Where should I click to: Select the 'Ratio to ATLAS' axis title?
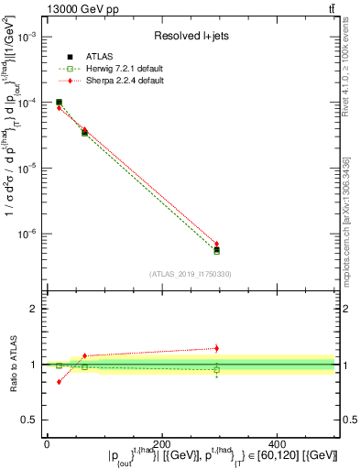pyautogui.click(x=10, y=364)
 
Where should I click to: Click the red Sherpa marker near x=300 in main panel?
pyautogui.click(x=216, y=245)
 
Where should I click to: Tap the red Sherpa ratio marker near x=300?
pyautogui.click(x=216, y=348)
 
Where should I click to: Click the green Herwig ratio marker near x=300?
pyautogui.click(x=216, y=370)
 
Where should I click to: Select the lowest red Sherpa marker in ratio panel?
pyautogui.click(x=59, y=381)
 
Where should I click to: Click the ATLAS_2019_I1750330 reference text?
pyautogui.click(x=191, y=273)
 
